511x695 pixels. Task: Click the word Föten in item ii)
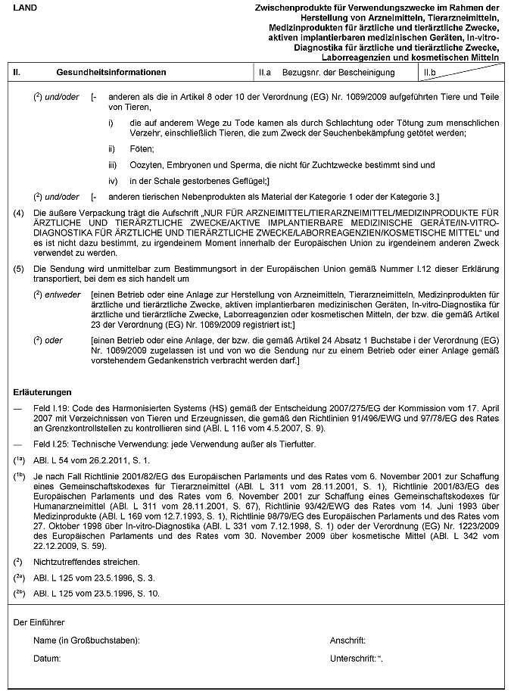[142, 149]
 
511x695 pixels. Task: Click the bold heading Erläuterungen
[43, 392]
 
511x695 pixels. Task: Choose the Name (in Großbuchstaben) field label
[87, 640]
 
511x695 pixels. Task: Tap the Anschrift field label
[348, 640]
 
